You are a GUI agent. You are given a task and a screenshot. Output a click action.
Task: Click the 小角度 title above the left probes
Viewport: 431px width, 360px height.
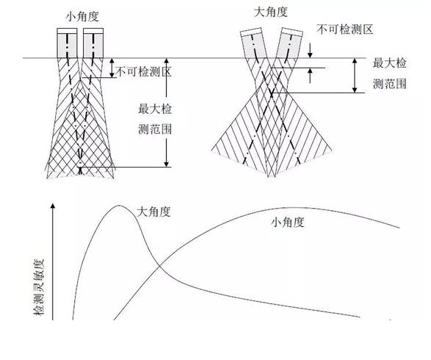pyautogui.click(x=82, y=17)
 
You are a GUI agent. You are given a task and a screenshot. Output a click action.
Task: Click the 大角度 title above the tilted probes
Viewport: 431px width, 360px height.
pyautogui.click(x=271, y=12)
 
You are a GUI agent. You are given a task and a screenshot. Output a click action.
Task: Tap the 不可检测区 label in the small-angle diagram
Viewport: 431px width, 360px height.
pyautogui.click(x=144, y=72)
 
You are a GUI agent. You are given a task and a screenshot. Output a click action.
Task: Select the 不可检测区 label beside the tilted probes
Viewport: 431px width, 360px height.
pyautogui.click(x=344, y=29)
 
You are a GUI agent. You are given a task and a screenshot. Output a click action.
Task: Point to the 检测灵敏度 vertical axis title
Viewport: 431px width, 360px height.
pyautogui.click(x=39, y=287)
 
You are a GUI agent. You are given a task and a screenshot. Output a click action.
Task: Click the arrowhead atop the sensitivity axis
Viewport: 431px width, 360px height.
pyautogui.click(x=53, y=206)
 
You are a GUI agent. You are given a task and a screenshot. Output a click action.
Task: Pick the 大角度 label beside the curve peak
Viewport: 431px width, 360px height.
pyautogui.click(x=153, y=212)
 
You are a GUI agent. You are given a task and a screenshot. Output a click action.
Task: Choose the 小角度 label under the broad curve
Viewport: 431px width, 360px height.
pyautogui.click(x=288, y=222)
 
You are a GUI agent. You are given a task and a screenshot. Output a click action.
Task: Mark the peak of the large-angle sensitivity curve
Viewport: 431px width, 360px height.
pyautogui.click(x=119, y=206)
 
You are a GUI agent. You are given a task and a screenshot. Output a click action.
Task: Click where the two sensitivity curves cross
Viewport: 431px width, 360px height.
pyautogui.click(x=160, y=265)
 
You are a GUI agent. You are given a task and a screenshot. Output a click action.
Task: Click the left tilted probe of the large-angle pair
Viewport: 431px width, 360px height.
pyautogui.click(x=254, y=43)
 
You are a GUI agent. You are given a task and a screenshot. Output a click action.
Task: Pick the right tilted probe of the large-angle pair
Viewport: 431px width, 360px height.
pyautogui.click(x=289, y=43)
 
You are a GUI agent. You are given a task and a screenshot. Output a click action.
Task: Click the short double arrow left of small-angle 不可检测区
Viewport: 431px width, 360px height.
pyautogui.click(x=112, y=68)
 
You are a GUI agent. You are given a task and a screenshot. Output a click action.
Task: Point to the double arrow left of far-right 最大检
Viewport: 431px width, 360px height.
pyautogui.click(x=355, y=76)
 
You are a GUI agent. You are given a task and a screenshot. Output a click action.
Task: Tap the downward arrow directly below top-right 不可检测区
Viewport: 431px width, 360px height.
pyautogui.click(x=310, y=51)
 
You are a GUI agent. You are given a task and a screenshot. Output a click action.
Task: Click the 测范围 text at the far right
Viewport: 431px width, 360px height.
pyautogui.click(x=390, y=84)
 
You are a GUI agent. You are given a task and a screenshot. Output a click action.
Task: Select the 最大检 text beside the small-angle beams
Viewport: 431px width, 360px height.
pyautogui.click(x=155, y=109)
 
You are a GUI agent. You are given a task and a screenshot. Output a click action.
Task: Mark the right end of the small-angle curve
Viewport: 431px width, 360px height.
pyautogui.click(x=399, y=228)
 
